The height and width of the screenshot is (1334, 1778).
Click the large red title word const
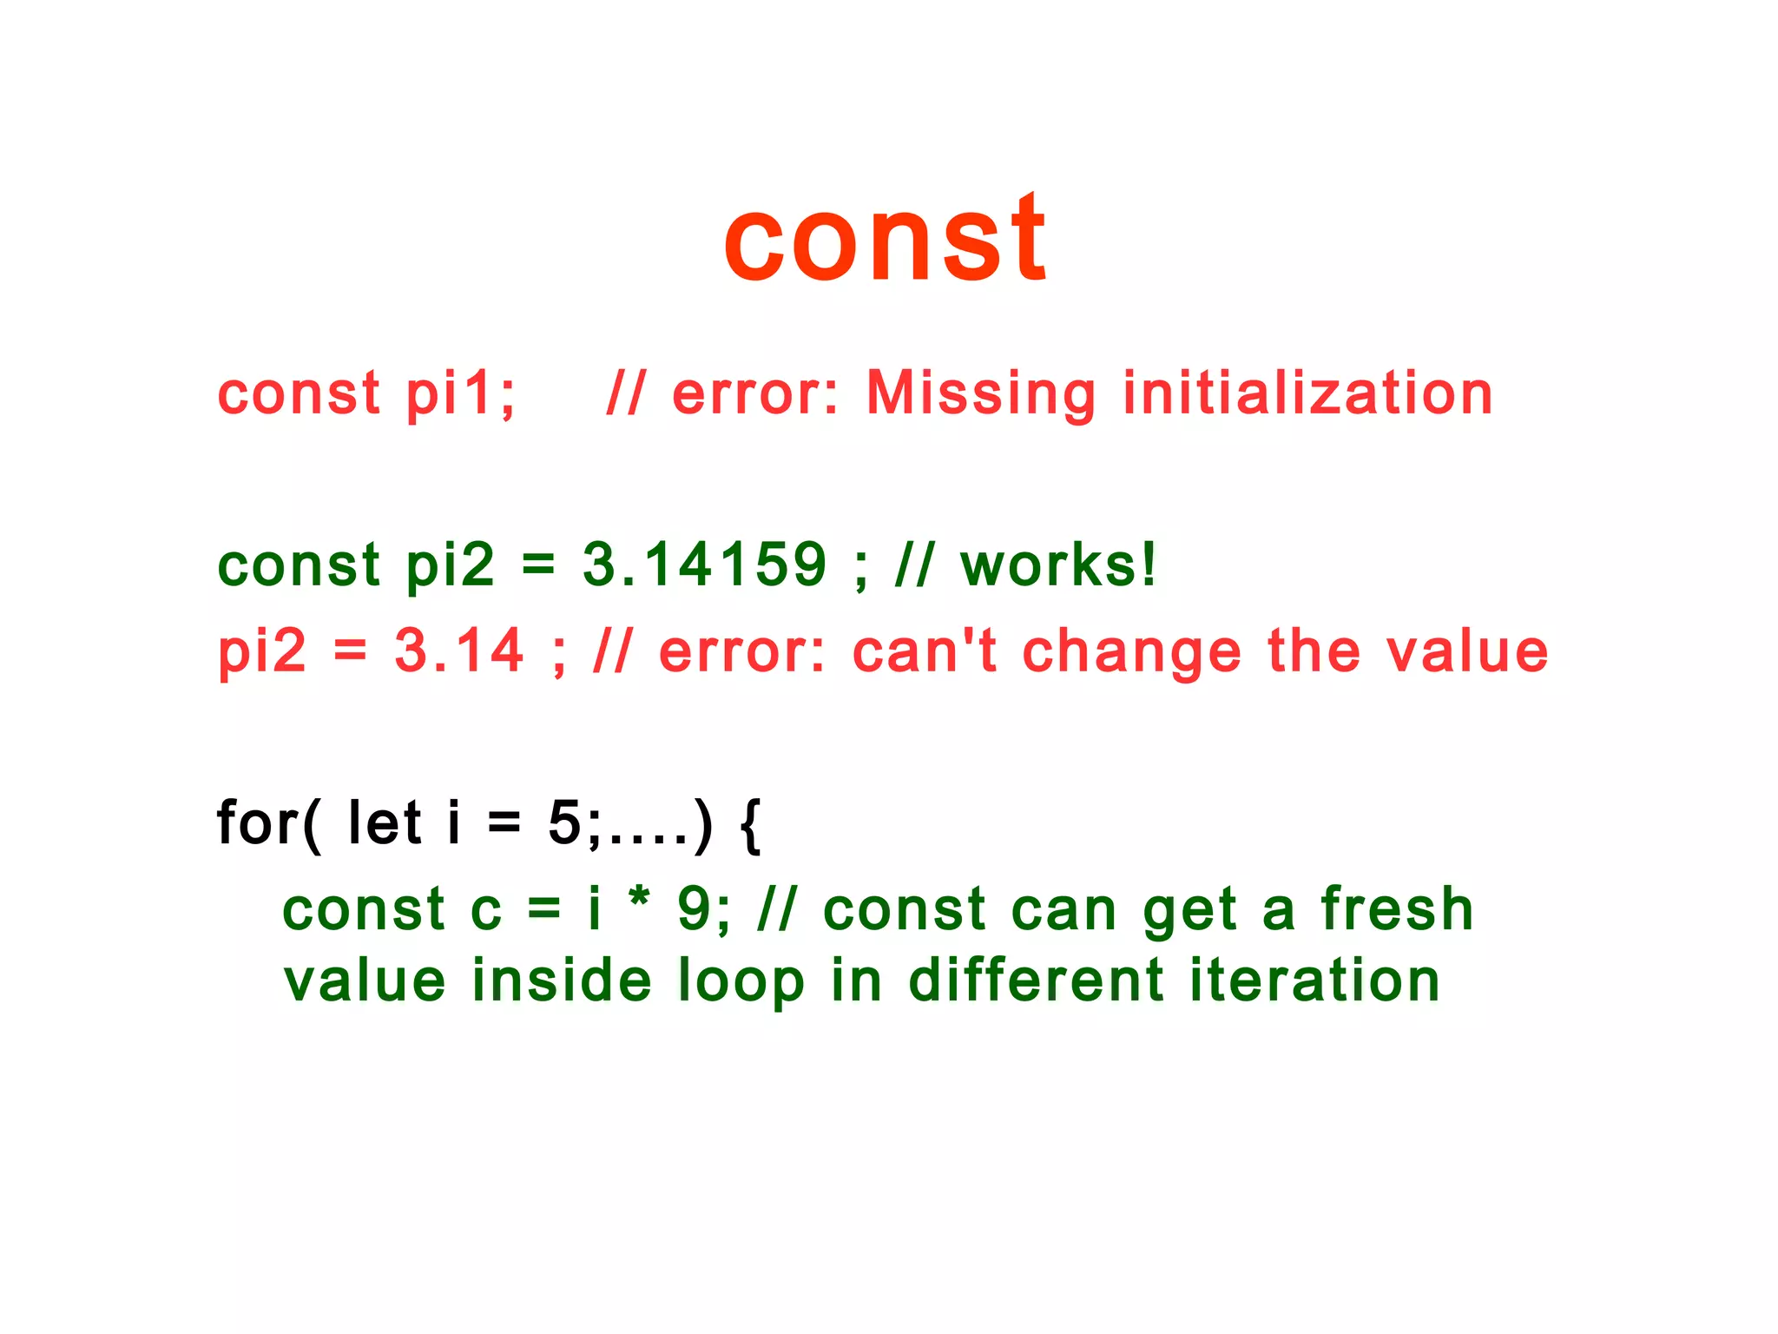(886, 239)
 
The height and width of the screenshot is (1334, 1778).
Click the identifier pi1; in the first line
(461, 393)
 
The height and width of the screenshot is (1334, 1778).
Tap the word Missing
(982, 393)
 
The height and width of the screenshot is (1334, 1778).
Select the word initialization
(1307, 393)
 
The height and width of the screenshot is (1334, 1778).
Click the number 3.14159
(704, 565)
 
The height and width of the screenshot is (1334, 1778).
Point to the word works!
(1058, 565)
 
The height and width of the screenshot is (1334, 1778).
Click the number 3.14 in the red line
(459, 650)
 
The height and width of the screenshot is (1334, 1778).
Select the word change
(1132, 652)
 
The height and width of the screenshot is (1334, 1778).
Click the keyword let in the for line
(385, 822)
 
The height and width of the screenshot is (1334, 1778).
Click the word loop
(741, 981)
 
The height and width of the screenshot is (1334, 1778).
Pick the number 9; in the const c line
(704, 910)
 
